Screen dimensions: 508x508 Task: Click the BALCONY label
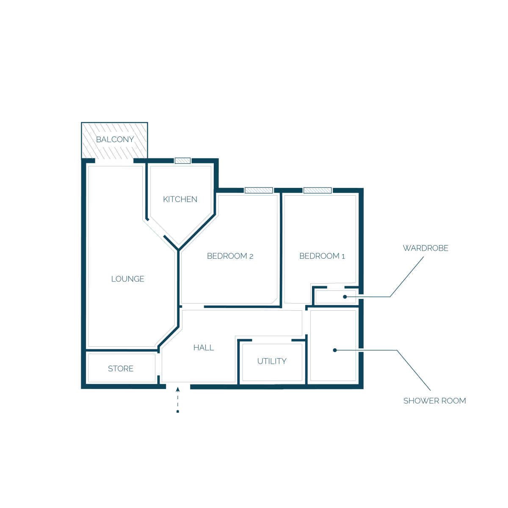pyautogui.click(x=115, y=139)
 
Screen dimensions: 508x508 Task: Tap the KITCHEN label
pyautogui.click(x=180, y=199)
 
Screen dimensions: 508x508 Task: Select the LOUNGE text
pyautogui.click(x=127, y=279)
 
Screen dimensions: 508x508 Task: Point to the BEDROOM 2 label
pyautogui.click(x=230, y=256)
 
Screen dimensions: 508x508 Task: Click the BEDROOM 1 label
pyautogui.click(x=322, y=256)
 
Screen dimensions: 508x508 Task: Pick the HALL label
pyautogui.click(x=204, y=348)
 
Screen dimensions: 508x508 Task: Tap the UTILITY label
pyautogui.click(x=272, y=361)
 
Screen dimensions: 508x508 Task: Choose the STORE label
pyautogui.click(x=121, y=368)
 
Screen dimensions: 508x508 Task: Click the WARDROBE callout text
pyautogui.click(x=425, y=248)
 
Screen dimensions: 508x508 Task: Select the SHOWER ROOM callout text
pyautogui.click(x=434, y=401)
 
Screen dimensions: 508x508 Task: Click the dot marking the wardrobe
pyautogui.click(x=345, y=297)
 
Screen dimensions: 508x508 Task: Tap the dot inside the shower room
pyautogui.click(x=335, y=350)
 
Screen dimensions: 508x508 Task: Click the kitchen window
pyautogui.click(x=182, y=160)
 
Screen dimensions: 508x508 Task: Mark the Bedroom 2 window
pyautogui.click(x=259, y=190)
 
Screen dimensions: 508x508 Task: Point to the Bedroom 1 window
pyautogui.click(x=317, y=190)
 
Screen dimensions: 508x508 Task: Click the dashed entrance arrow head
pyautogui.click(x=178, y=389)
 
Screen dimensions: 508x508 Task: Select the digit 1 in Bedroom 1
pyautogui.click(x=343, y=256)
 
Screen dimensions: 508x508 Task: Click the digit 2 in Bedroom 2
pyautogui.click(x=251, y=256)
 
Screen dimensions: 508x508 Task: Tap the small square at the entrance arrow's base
pyautogui.click(x=178, y=411)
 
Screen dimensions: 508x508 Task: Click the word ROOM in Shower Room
pyautogui.click(x=453, y=401)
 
